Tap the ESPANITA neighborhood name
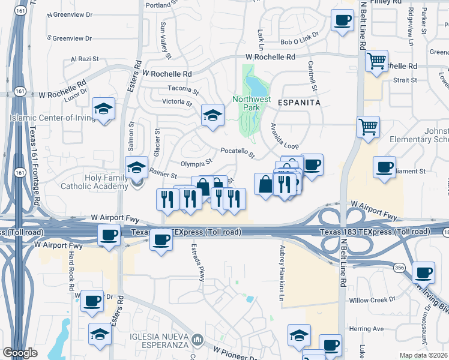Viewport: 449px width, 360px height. click(298, 103)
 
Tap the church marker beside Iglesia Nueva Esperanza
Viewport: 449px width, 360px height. click(197, 341)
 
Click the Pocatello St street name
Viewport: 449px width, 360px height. click(238, 151)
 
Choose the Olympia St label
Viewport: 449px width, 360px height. click(196, 163)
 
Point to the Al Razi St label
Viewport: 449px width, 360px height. click(83, 59)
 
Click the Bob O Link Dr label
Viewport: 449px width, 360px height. click(300, 42)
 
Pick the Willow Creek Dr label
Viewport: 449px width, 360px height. click(372, 299)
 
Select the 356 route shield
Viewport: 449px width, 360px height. click(398, 267)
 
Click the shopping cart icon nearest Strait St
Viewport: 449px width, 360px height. click(376, 61)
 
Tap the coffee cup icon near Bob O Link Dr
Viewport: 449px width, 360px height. click(342, 20)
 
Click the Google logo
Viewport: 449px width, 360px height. click(20, 353)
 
